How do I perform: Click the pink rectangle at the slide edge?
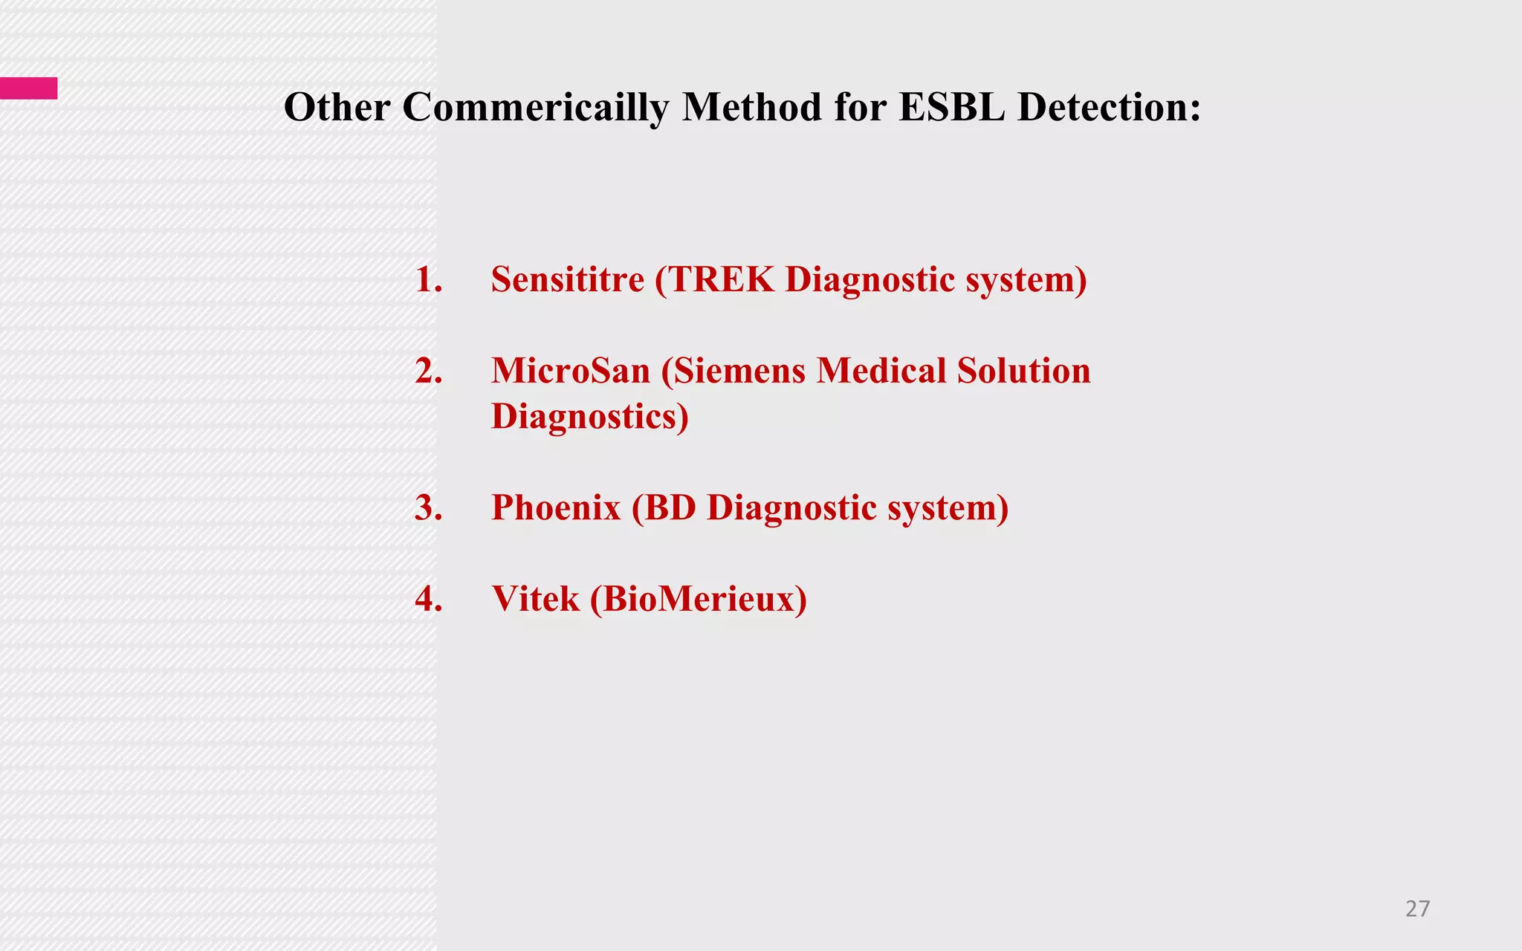pos(28,88)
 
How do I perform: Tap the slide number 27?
pos(1417,908)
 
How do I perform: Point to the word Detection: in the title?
pos(1109,107)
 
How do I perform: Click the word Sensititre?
pos(568,280)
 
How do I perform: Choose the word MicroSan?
pos(571,371)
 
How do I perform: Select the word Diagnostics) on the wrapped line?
pos(590,417)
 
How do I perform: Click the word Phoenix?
pos(556,508)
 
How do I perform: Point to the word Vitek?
pos(535,599)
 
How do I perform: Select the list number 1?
pos(428,280)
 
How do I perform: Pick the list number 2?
pos(428,371)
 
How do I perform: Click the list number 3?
pos(428,508)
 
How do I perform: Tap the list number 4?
pos(428,599)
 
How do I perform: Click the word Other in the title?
pos(337,107)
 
